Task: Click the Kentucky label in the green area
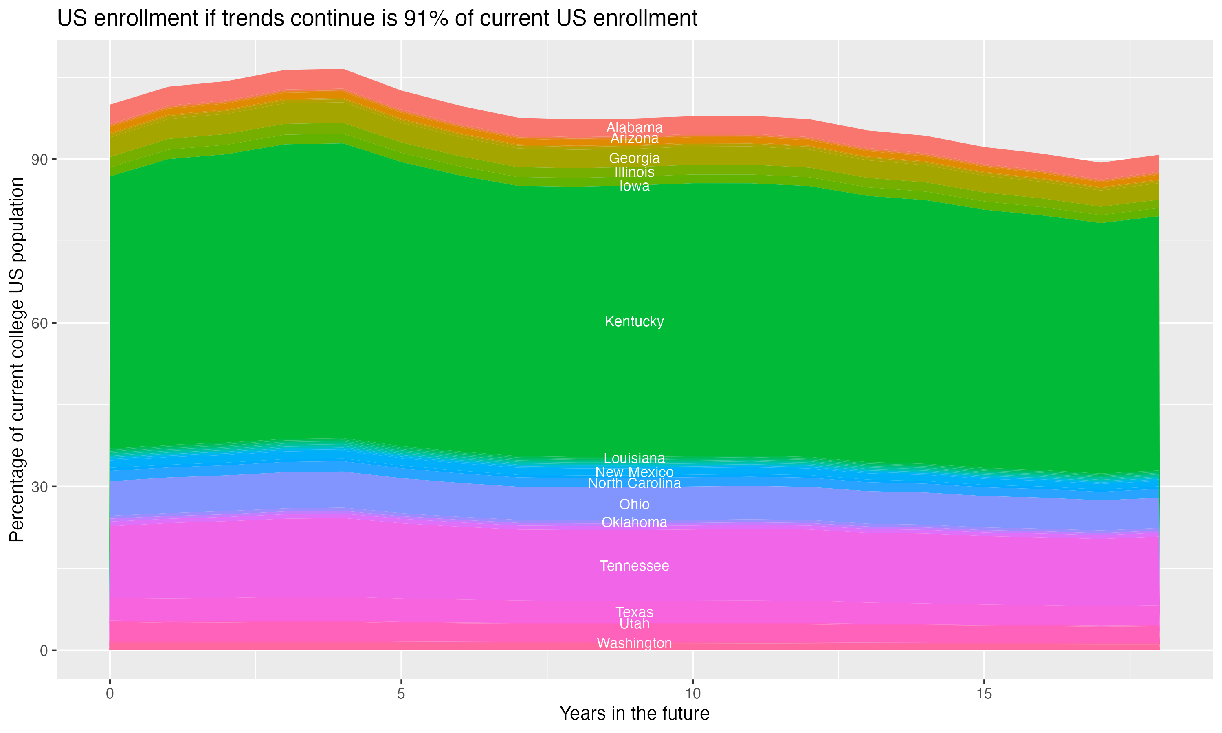point(634,322)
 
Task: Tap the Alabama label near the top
point(634,127)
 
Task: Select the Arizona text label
point(634,139)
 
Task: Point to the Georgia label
point(634,158)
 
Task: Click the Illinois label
point(634,172)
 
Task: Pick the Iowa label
point(634,186)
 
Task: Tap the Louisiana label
point(634,459)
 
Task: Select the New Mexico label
point(634,472)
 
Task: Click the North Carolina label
point(634,483)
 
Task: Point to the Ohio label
point(634,504)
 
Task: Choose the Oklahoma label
point(634,522)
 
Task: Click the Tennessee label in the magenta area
point(634,566)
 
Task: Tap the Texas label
point(634,612)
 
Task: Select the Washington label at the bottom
point(634,643)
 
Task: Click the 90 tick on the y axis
point(40,160)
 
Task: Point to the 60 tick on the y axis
point(40,323)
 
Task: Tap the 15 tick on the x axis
point(984,694)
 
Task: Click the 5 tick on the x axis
point(401,694)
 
